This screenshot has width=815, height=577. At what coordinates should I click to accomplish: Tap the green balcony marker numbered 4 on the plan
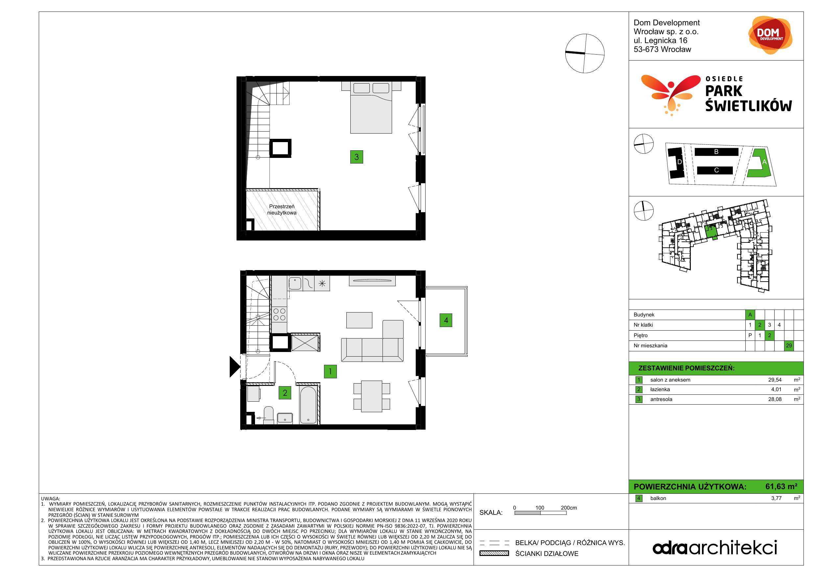(446, 320)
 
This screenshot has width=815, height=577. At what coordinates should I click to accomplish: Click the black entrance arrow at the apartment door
(235, 366)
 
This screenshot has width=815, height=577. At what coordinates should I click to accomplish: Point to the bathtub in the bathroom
(308, 405)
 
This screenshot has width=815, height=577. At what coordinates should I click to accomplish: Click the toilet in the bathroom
(268, 416)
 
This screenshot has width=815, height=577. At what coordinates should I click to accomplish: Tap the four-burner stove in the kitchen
(279, 314)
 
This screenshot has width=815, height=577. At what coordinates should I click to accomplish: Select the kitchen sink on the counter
(295, 283)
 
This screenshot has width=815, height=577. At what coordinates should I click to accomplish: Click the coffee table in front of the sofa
(359, 320)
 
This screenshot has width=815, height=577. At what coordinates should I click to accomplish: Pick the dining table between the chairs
(372, 396)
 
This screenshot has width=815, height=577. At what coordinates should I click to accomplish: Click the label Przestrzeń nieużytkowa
(282, 210)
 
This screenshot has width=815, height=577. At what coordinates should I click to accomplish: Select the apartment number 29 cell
(789, 345)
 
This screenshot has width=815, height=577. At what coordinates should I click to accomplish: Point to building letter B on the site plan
(716, 152)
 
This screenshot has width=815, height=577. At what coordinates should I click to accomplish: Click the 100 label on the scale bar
(540, 508)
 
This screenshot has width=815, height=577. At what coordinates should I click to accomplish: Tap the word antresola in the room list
(661, 399)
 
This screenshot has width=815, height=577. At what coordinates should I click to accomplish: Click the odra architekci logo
(715, 547)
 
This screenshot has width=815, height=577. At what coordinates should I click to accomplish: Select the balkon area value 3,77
(776, 498)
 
